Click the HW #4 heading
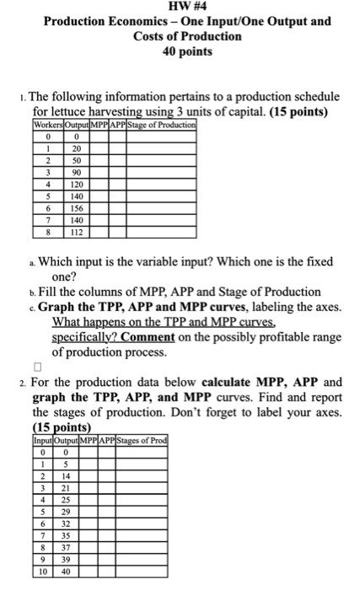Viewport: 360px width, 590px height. (180, 7)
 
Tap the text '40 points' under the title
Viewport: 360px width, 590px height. (180, 51)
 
